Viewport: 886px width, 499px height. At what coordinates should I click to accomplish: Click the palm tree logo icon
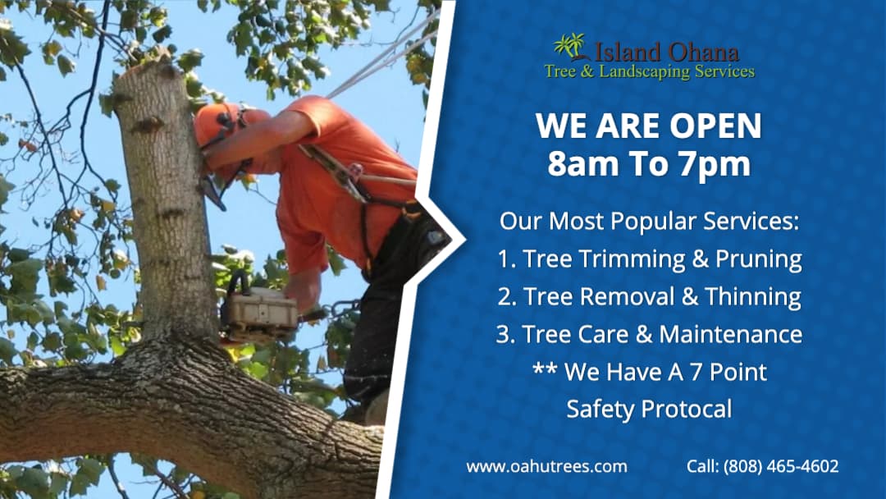(569, 46)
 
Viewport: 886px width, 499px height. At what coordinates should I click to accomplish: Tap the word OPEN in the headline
(715, 126)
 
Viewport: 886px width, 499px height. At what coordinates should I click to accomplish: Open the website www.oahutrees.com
(546, 466)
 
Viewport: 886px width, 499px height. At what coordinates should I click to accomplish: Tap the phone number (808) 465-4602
(781, 466)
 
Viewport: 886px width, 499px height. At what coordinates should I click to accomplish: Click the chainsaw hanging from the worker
(258, 313)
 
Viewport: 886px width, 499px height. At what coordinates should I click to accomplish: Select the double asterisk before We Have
(545, 371)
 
